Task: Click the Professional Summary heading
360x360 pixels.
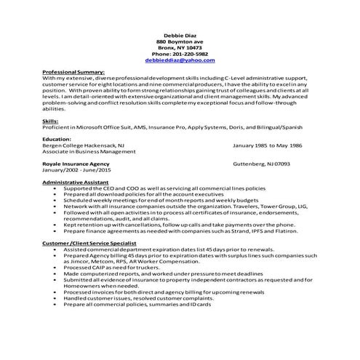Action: [x=74, y=73]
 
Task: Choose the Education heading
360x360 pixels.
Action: [x=57, y=138]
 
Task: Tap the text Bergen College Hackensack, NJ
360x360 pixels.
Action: [x=84, y=145]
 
